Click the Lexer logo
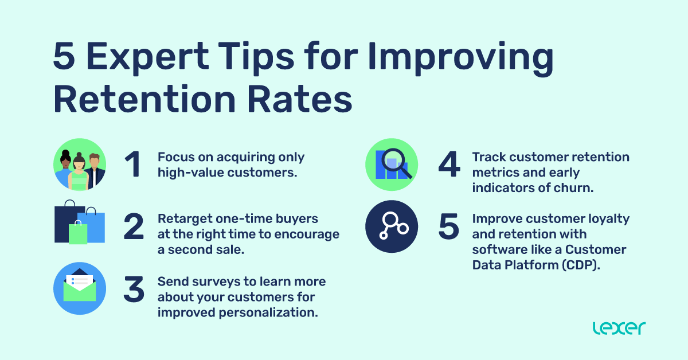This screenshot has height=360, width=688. coord(619,328)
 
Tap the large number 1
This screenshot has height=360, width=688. coord(134,165)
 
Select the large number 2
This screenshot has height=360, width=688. coord(134,227)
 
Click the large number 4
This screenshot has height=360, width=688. coord(449,165)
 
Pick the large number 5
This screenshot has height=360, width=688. coord(449,227)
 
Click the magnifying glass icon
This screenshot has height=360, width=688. coord(396,161)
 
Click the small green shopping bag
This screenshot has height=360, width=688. coord(78,233)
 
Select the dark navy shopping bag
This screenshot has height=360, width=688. coord(66,221)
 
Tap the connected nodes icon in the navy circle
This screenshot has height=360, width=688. coord(392,226)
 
